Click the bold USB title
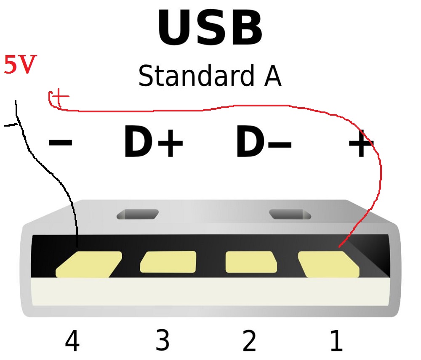pyautogui.click(x=210, y=29)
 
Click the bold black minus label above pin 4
pyautogui.click(x=61, y=143)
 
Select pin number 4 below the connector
pyautogui.click(x=72, y=341)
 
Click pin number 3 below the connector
pyautogui.click(x=162, y=340)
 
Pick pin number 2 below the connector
pyautogui.click(x=249, y=341)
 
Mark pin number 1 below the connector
pyautogui.click(x=336, y=341)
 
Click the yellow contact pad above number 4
pyautogui.click(x=88, y=265)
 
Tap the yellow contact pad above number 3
pyautogui.click(x=168, y=262)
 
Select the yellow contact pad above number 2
pyautogui.click(x=251, y=262)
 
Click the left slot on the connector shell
pyautogui.click(x=138, y=214)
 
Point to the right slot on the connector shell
pyautogui.click(x=290, y=214)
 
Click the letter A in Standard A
pyautogui.click(x=273, y=76)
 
